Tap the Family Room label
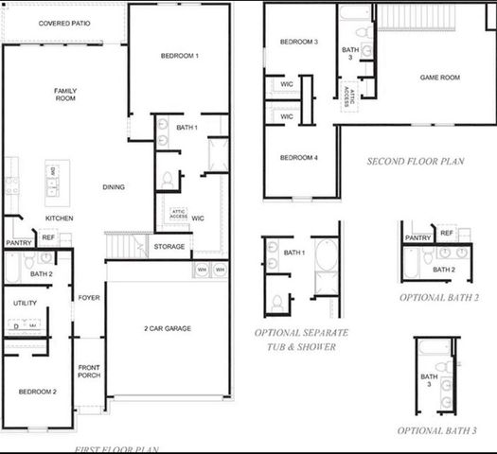(64, 95)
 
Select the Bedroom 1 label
(179, 57)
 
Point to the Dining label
(114, 187)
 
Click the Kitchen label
(60, 218)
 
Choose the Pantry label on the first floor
(19, 243)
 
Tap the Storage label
(170, 247)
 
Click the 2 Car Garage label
(168, 328)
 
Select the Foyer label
(89, 297)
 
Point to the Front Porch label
(89, 371)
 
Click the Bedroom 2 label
(37, 391)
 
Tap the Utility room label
(26, 303)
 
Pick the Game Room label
(439, 77)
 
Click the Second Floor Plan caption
(415, 162)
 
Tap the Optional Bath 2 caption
(438, 297)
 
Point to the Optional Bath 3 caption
(437, 430)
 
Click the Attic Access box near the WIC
(178, 214)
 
